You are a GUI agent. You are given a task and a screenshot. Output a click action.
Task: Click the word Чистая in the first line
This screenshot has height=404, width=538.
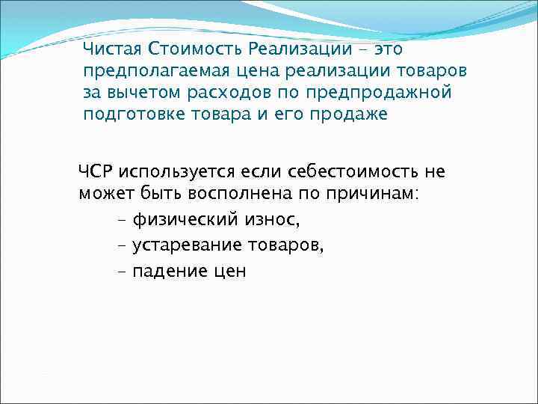click(113, 49)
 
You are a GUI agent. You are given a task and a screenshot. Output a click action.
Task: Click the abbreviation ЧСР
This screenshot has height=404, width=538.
click(95, 172)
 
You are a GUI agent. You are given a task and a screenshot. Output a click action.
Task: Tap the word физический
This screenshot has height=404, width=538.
click(184, 220)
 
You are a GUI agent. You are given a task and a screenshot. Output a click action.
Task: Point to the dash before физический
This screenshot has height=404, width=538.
click(122, 221)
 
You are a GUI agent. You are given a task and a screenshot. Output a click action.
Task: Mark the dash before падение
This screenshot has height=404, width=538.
click(122, 272)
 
